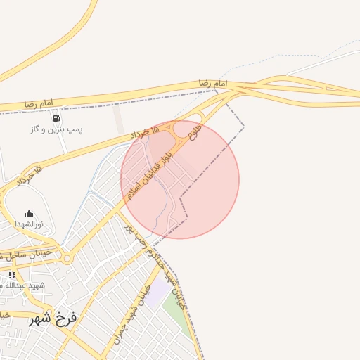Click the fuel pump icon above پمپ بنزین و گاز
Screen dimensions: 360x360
coord(56,118)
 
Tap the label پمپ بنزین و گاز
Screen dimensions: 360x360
coord(56,130)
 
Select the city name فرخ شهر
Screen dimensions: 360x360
coord(50,319)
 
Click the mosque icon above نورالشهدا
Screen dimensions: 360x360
coord(30,213)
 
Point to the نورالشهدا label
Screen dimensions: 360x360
coord(30,224)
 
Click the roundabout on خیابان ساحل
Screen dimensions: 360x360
coord(67,258)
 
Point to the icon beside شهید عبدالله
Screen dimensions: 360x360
coord(12,275)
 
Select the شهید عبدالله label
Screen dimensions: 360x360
coord(27,285)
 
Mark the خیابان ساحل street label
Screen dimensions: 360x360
coord(28,252)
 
